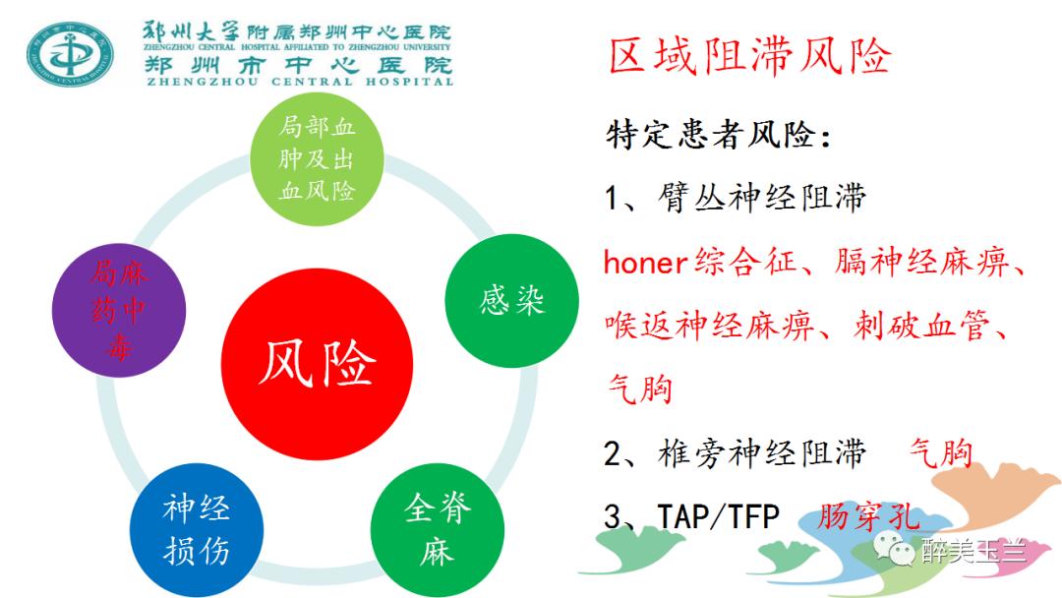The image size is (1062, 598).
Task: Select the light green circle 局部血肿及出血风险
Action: tap(317, 157)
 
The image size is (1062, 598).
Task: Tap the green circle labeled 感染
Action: tap(511, 299)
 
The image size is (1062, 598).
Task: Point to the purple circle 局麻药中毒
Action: tap(118, 313)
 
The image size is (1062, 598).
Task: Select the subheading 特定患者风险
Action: tap(718, 135)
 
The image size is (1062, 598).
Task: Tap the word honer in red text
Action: tap(644, 263)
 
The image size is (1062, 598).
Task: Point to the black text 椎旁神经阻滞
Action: tap(762, 452)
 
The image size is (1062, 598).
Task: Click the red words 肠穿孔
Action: tap(867, 517)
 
